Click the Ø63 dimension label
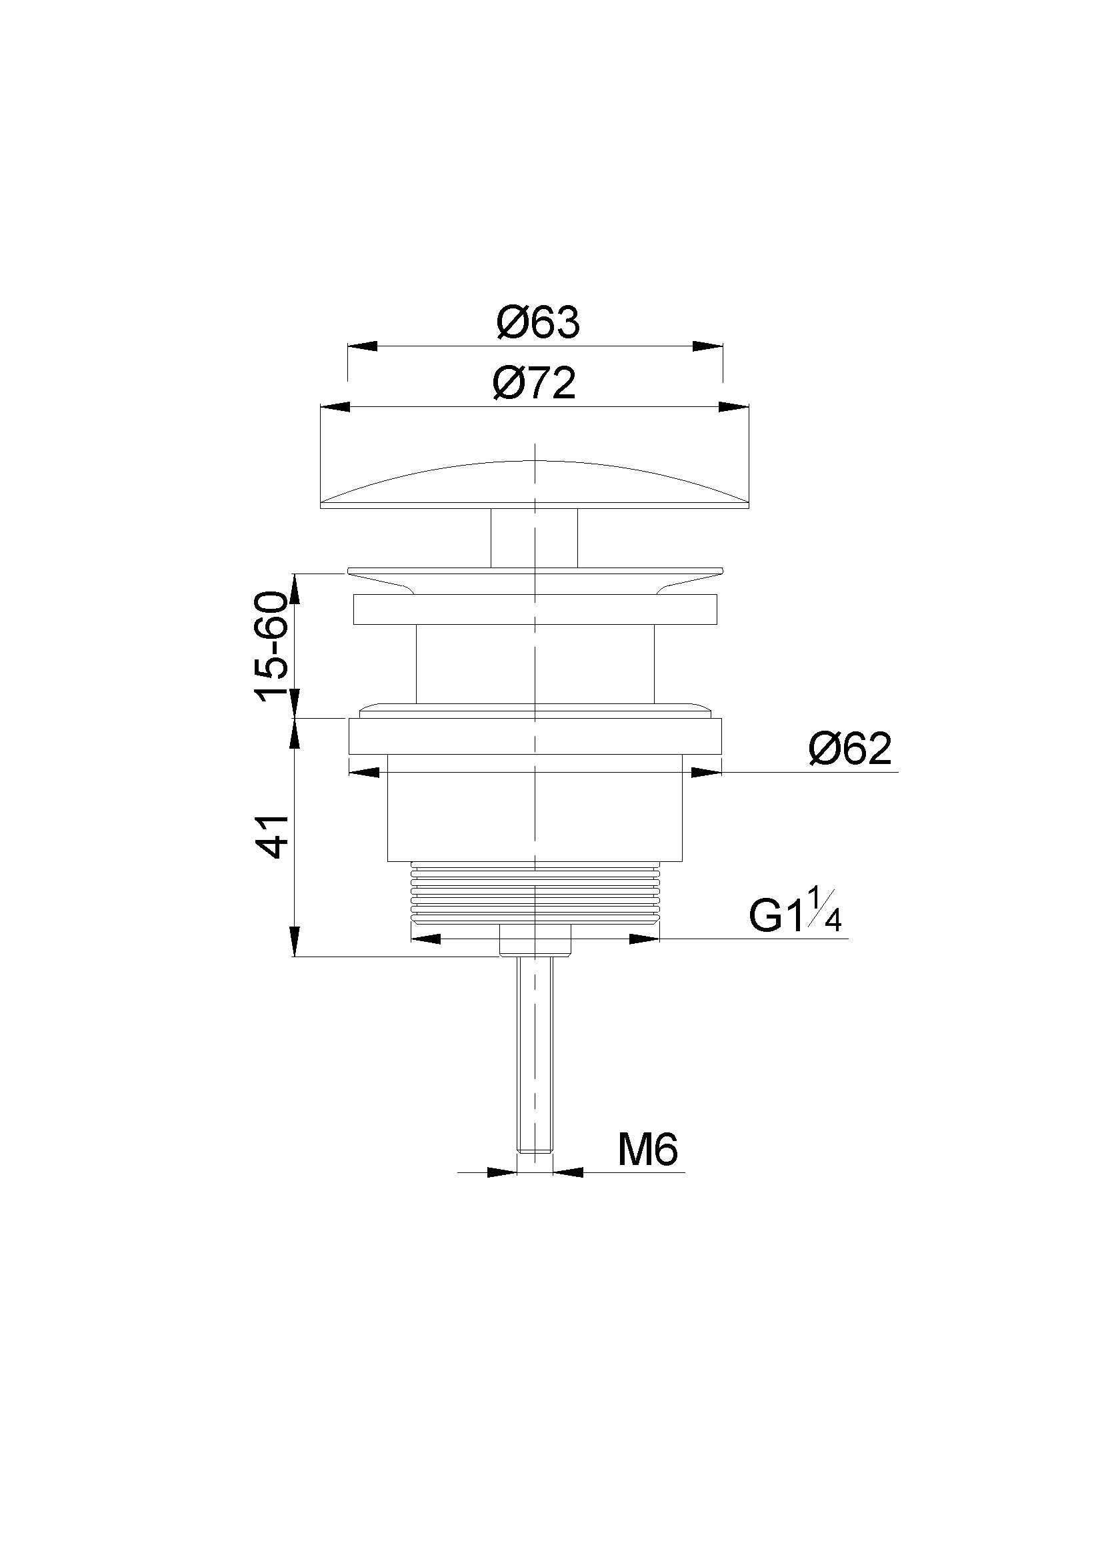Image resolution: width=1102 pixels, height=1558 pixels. tap(538, 322)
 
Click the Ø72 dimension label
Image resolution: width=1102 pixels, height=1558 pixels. tap(535, 384)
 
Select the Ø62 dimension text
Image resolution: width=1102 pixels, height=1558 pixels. tap(849, 749)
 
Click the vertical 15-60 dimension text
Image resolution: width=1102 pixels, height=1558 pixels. tap(271, 645)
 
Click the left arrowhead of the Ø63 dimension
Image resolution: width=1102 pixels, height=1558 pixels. tap(363, 346)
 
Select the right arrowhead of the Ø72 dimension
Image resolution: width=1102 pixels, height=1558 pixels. tap(733, 407)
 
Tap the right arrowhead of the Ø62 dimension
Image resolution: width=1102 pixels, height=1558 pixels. tap(706, 772)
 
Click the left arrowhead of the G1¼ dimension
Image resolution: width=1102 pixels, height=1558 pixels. tap(426, 939)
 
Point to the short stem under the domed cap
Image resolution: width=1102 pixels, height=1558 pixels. tap(535, 538)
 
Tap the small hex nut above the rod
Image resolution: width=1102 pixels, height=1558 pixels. tap(535, 939)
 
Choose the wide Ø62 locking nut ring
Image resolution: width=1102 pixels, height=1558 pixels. tap(535, 736)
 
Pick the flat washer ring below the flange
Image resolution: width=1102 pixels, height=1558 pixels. tap(535, 609)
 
